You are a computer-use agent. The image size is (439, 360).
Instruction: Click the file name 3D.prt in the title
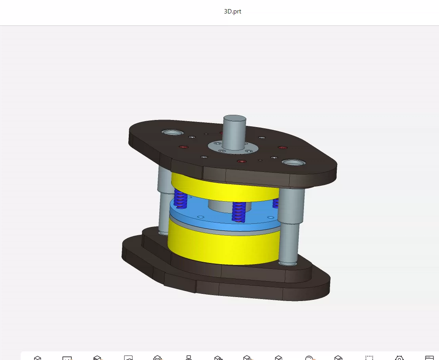[233, 11]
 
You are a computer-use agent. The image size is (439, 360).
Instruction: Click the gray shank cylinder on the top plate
[234, 131]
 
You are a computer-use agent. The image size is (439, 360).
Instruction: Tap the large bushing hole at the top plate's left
[172, 132]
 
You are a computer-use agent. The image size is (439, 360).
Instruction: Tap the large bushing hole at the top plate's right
[293, 162]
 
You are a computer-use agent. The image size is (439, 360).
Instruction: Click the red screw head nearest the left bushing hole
[183, 147]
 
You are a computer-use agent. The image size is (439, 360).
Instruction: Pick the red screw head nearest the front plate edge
[242, 162]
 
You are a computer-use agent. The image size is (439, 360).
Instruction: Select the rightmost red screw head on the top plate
[282, 148]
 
